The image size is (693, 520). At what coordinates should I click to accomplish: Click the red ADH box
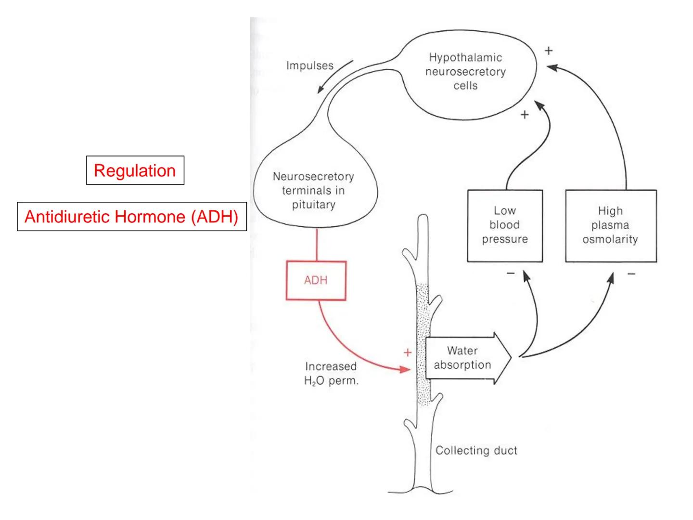[x=316, y=280]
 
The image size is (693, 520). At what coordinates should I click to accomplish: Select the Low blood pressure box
[x=505, y=225]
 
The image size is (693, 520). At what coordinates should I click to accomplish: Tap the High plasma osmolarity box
[x=610, y=225]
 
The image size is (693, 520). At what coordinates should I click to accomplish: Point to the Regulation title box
[x=135, y=170]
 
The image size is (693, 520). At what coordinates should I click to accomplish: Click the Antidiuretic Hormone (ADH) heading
[x=131, y=217]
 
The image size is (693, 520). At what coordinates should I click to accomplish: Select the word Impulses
[x=309, y=65]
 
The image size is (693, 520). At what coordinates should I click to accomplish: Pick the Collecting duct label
[x=476, y=451]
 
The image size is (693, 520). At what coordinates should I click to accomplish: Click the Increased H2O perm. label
[x=331, y=374]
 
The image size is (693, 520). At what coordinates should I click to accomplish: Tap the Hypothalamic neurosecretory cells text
[x=465, y=72]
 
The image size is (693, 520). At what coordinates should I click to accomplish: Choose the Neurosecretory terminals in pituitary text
[x=313, y=191]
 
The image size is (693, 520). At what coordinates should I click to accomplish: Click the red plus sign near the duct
[x=408, y=352]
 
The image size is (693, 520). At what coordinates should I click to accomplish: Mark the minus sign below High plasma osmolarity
[x=631, y=274]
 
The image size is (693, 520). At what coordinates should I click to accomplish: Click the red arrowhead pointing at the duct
[x=406, y=369]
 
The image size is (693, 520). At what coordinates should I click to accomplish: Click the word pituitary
[x=313, y=205]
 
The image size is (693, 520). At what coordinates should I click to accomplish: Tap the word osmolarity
[x=610, y=239]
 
